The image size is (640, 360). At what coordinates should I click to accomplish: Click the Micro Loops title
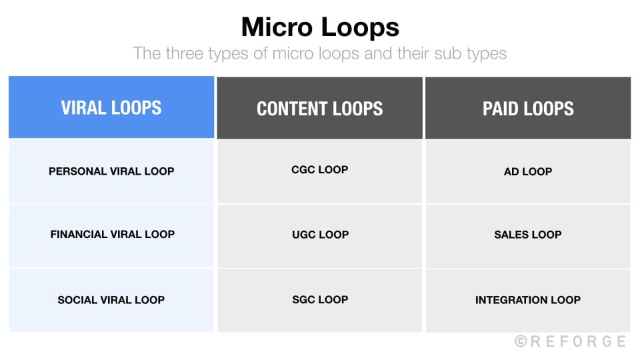coord(320,27)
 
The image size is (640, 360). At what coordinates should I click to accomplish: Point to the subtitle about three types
coord(320,53)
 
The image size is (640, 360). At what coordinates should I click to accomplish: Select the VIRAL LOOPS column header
coord(111,108)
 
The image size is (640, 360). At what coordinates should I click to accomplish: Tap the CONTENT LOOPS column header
coord(320,109)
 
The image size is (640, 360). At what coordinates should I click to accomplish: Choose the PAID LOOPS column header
coord(528,109)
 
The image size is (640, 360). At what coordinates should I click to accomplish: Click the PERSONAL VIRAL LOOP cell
coord(111,171)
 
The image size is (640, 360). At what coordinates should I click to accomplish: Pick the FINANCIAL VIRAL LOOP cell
coord(111,235)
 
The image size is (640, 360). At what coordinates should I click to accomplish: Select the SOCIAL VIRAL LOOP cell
coord(111,300)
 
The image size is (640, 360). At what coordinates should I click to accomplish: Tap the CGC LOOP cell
coord(320,170)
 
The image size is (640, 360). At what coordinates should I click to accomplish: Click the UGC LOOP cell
coord(320,235)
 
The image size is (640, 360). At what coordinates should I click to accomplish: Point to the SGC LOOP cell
coord(320,300)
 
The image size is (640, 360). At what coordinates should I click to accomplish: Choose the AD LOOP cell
coord(528,171)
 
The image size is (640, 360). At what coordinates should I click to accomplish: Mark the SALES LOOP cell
coord(528,235)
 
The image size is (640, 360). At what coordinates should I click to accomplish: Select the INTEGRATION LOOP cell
coord(528,300)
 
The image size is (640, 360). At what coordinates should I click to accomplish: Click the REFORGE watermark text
coord(577,341)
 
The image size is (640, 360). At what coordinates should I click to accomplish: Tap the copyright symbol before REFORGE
coord(521,341)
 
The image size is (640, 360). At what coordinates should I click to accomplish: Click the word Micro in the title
coord(275,27)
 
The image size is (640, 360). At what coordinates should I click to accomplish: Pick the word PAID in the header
coord(502,109)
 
